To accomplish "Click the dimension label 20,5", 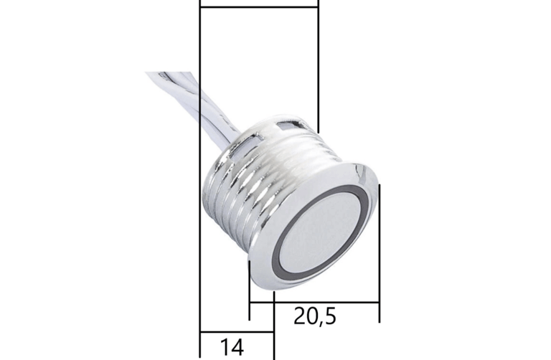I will (315, 316).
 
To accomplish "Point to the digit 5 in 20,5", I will (330, 316).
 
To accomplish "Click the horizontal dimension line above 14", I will (236, 333).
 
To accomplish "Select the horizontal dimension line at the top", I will (258, 6).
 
